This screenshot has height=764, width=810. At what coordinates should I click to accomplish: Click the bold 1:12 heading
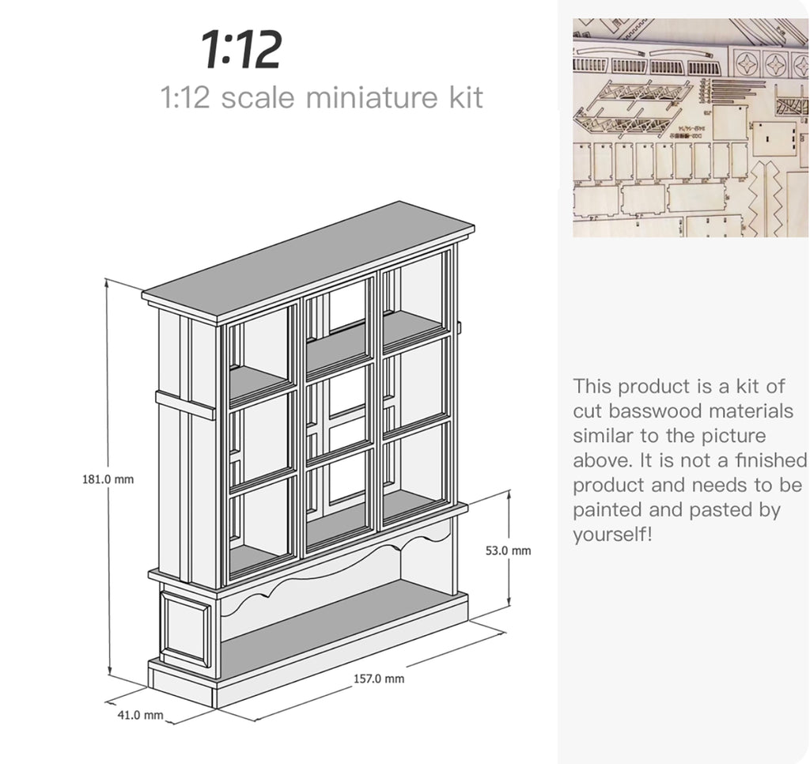[241, 50]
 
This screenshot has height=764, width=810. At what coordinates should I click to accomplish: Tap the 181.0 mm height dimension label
[108, 479]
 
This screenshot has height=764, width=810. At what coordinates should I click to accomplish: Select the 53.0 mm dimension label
[508, 550]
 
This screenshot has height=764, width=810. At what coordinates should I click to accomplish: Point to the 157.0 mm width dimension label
[379, 679]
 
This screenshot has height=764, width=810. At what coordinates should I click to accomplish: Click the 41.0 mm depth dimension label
[141, 715]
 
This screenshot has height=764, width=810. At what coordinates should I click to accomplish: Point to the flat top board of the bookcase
[308, 263]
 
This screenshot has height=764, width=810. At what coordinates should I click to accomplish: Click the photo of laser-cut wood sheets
[690, 127]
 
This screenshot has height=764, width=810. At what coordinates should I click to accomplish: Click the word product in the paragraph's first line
[654, 387]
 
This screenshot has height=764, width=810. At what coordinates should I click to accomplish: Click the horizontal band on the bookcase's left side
[185, 406]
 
